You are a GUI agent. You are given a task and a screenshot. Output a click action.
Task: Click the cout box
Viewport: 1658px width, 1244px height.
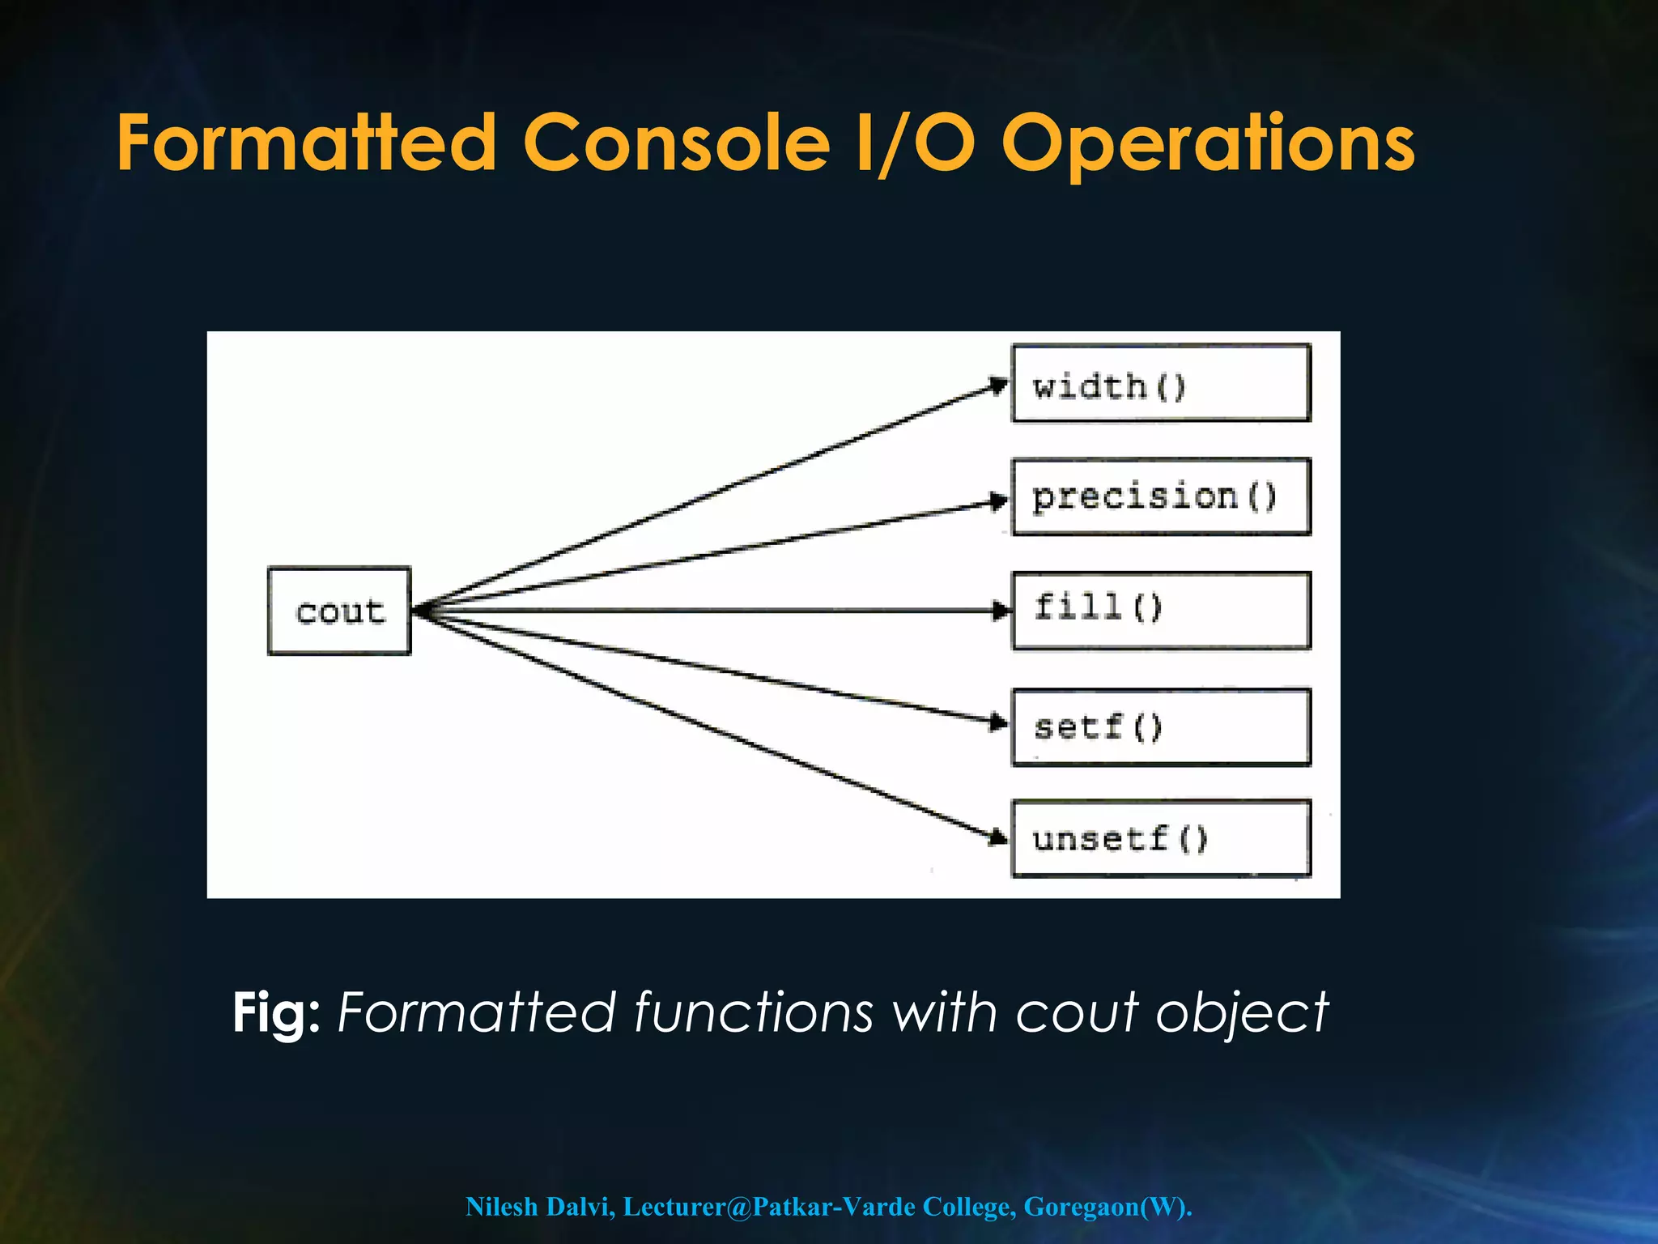point(339,611)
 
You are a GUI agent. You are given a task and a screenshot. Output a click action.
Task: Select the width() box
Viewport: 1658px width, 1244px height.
point(1161,384)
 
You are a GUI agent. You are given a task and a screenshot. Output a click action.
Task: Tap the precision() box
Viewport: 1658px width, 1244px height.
point(1161,497)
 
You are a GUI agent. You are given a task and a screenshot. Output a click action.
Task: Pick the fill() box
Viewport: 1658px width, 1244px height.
point(1161,611)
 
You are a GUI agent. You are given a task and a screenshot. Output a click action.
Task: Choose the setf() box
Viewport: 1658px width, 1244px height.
point(1161,727)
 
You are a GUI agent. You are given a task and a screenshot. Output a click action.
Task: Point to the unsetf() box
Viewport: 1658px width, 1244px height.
point(1161,838)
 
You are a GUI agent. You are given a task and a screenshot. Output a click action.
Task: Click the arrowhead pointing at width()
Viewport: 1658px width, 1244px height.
point(998,386)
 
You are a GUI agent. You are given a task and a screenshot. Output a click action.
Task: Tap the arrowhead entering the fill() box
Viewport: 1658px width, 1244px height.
point(1001,611)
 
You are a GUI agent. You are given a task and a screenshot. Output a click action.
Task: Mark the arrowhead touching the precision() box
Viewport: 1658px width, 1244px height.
point(999,502)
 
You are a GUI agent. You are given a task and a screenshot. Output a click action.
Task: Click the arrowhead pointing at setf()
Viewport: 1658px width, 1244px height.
point(999,722)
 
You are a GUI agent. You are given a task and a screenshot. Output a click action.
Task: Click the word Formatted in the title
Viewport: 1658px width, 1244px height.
point(306,143)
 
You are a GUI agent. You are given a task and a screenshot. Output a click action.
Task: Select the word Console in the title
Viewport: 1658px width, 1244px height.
point(677,143)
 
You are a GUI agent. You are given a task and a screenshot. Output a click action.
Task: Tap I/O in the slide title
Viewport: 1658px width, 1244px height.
point(915,143)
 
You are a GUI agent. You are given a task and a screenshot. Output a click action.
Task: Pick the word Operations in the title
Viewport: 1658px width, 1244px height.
point(1208,143)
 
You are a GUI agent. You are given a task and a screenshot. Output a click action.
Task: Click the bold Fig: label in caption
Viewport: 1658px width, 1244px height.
point(276,1012)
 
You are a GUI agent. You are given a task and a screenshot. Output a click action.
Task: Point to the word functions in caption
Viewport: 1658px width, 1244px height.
point(754,1012)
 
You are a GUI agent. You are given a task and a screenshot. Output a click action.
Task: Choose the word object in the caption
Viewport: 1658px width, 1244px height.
point(1242,1012)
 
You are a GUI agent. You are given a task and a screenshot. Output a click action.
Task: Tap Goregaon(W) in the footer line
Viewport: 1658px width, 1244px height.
point(1107,1207)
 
